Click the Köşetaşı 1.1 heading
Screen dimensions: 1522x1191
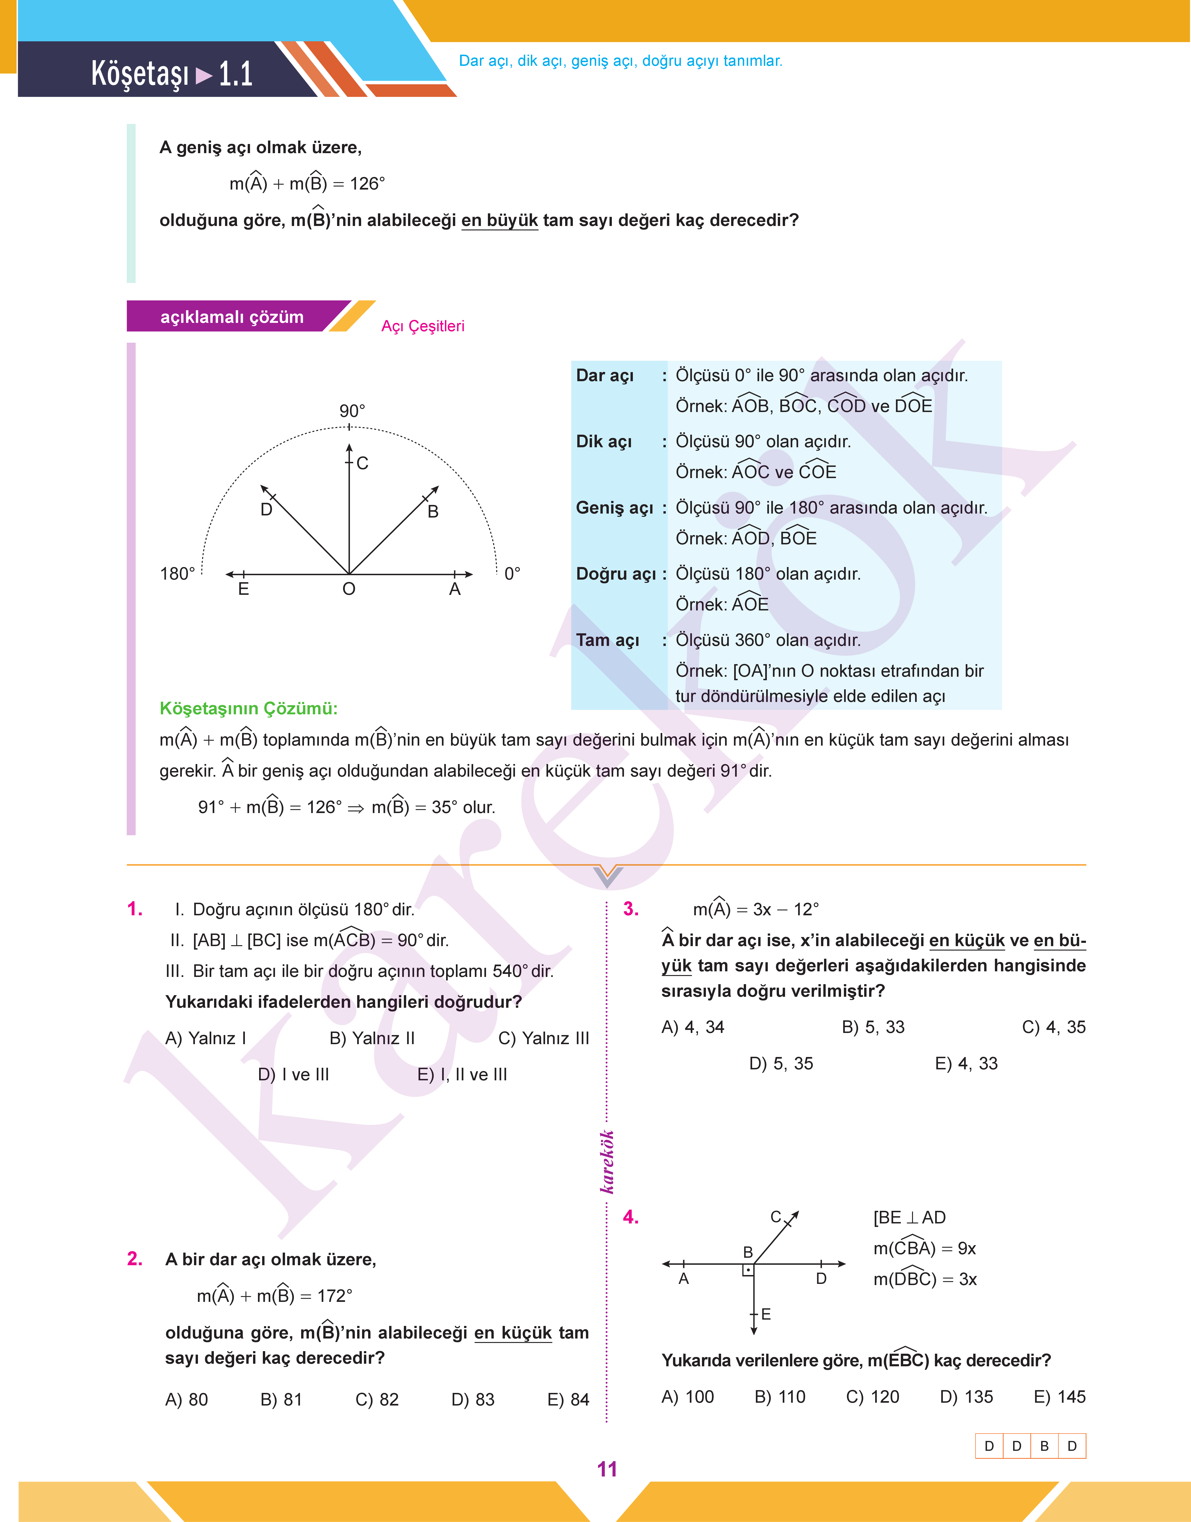tap(172, 73)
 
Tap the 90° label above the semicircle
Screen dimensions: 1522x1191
tap(352, 411)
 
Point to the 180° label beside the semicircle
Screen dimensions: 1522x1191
tap(177, 574)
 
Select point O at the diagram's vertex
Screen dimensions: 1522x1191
tap(349, 589)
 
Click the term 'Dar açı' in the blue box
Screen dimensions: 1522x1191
tap(605, 376)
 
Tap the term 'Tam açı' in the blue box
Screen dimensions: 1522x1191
tap(607, 640)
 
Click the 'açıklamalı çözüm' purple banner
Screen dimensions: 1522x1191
tap(232, 317)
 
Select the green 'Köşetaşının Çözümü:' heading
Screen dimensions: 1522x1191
tap(248, 708)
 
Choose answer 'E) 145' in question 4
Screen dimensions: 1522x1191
tap(1059, 1396)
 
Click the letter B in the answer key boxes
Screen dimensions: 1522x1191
tap(1044, 1446)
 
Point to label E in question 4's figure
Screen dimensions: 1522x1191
tap(766, 1314)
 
